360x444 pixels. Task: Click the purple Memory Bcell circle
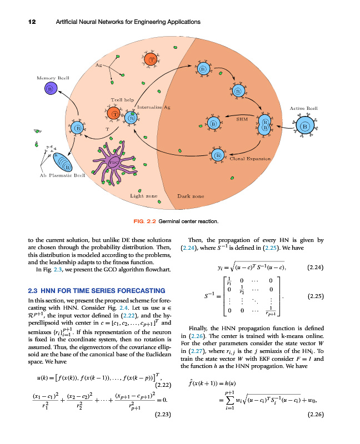pyautogui.click(x=50, y=89)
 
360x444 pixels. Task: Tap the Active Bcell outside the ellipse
pyautogui.click(x=304, y=126)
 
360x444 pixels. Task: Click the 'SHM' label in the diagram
pyautogui.click(x=242, y=119)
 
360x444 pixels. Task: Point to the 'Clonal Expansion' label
pyautogui.click(x=250, y=159)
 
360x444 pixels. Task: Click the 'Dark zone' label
pyautogui.click(x=191, y=196)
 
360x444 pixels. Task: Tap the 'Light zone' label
pyautogui.click(x=144, y=196)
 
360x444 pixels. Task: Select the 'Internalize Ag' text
pyautogui.click(x=153, y=106)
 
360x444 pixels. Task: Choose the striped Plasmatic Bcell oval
pyautogui.click(x=62, y=163)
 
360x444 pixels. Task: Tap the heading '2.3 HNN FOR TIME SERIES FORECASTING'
pyautogui.click(x=96, y=290)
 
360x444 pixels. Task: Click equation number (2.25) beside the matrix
pyautogui.click(x=316, y=296)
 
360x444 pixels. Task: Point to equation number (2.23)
pyautogui.click(x=163, y=413)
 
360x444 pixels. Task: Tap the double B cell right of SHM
pyautogui.click(x=266, y=125)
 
